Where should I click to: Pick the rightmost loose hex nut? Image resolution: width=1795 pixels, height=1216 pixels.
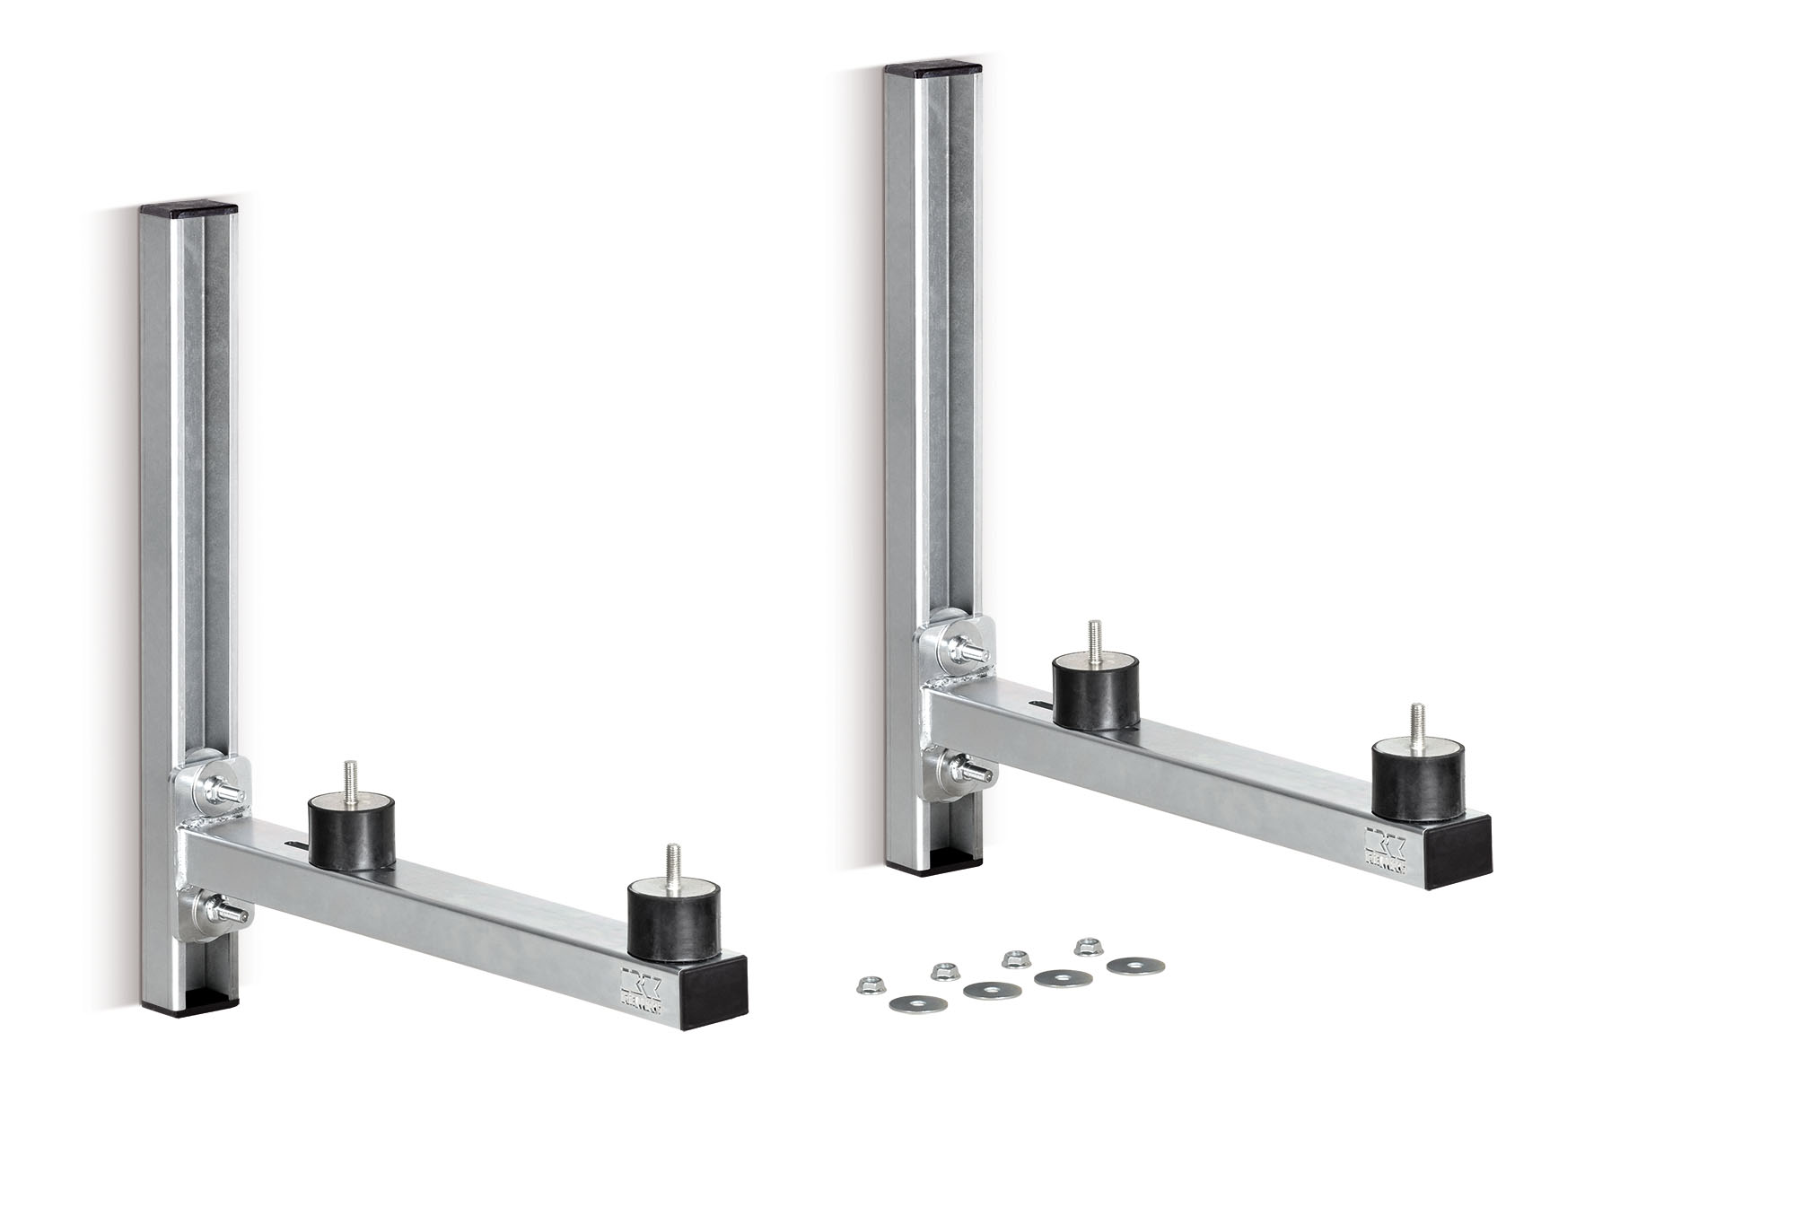1089,944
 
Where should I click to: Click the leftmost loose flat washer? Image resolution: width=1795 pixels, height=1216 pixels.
908,1005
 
